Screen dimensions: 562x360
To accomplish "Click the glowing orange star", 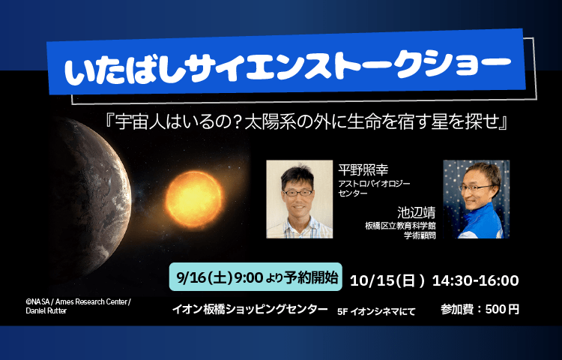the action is pos(194,199).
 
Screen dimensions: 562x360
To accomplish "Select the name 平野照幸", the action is pos(363,169).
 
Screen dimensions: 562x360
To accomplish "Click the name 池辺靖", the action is pos(416,212).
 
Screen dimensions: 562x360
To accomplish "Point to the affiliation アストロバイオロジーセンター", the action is pos(374,188).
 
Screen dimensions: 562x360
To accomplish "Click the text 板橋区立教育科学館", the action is pos(400,226).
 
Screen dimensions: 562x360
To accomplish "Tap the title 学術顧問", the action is pos(420,235).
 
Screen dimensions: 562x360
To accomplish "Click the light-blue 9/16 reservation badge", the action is pos(256,277).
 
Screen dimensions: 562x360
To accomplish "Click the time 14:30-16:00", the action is pos(476,280).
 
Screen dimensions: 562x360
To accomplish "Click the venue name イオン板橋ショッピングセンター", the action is pos(250,309).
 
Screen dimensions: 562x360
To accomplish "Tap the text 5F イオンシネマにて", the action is pos(376,311).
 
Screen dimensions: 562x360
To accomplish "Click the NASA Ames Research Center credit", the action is pos(78,306).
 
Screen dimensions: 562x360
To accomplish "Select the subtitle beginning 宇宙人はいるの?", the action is pos(306,123).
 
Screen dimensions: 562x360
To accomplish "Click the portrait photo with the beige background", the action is pos(299,199).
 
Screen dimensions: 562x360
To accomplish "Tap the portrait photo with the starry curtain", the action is pos(477,199).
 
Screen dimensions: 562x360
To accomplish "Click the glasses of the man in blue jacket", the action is pos(476,187).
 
